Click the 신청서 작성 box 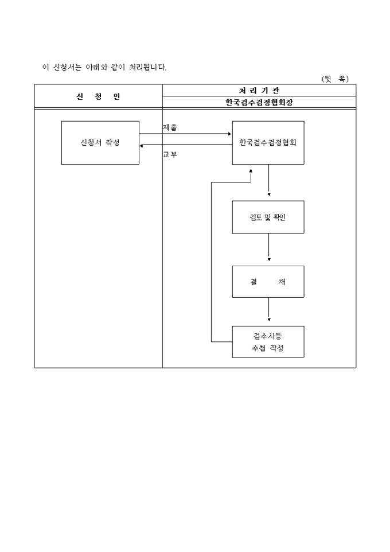click(100, 143)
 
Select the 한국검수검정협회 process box click(268, 143)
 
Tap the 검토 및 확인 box click(268, 217)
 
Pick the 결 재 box click(268, 282)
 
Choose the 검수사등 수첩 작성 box click(268, 342)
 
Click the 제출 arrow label click(170, 128)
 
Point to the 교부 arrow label click(170, 154)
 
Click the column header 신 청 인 click(98, 96)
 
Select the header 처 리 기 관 click(259, 90)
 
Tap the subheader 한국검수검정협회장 click(259, 102)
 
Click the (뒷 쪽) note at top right click(336, 79)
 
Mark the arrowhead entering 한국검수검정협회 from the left click(229, 134)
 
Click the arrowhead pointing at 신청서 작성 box click(141, 146)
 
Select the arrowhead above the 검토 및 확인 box click(269, 195)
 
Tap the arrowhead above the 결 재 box click(269, 260)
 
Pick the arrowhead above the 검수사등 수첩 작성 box click(269, 320)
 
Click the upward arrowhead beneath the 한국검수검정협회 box click(251, 170)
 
